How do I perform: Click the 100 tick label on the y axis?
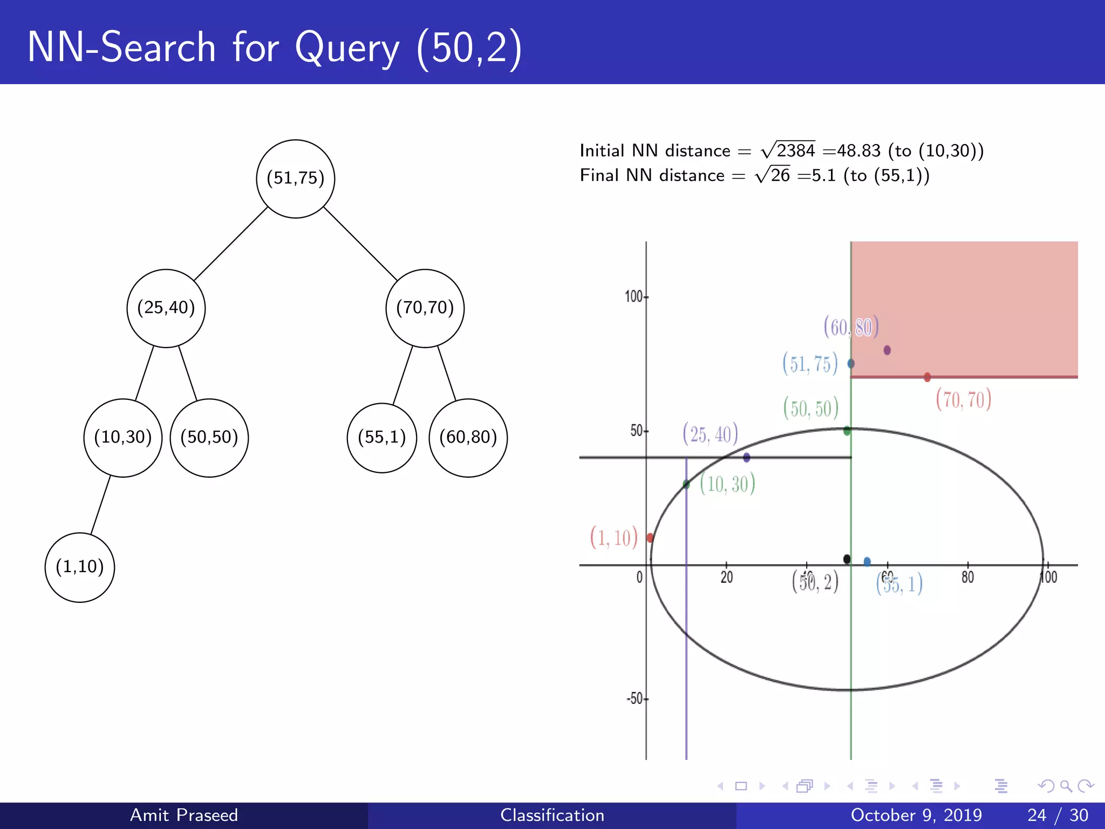click(633, 297)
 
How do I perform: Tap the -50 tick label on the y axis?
click(635, 699)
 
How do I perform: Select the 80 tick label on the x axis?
click(967, 577)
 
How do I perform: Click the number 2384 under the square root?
click(795, 151)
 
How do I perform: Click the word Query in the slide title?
click(347, 49)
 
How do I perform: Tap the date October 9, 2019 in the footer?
click(916, 815)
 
